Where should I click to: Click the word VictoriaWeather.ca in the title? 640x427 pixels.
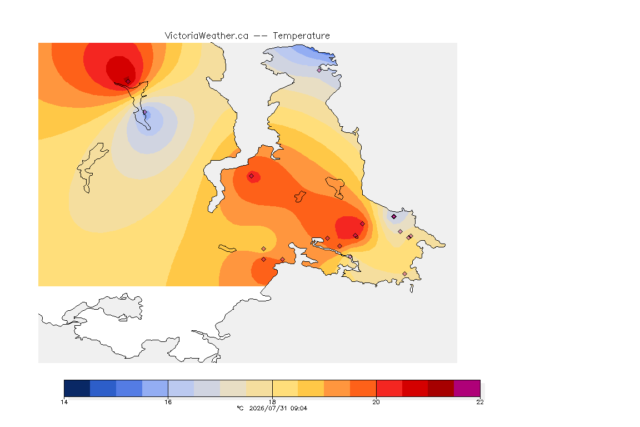(x=207, y=36)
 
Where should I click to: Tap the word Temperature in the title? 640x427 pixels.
(x=301, y=36)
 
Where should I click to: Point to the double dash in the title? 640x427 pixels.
(x=261, y=36)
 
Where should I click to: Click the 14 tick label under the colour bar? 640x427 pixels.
(x=64, y=402)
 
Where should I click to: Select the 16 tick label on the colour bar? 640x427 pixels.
(x=168, y=402)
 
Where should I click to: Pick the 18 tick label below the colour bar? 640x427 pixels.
(x=272, y=402)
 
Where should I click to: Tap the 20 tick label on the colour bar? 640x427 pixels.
(x=376, y=402)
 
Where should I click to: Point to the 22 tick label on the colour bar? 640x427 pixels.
(x=480, y=402)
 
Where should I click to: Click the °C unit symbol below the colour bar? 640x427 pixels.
(x=240, y=408)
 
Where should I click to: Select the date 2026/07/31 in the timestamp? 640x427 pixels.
(x=268, y=408)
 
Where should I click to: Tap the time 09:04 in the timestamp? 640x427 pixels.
(x=299, y=408)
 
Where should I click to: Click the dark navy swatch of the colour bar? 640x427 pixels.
(x=77, y=388)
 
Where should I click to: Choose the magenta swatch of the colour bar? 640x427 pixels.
(x=467, y=388)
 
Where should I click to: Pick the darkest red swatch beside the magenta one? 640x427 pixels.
(x=441, y=388)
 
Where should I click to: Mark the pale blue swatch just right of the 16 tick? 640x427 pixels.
(x=181, y=388)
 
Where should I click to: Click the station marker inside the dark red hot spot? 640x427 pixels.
(x=128, y=81)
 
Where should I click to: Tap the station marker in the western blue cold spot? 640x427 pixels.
(x=144, y=112)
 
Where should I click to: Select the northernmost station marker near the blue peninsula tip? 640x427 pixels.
(x=319, y=70)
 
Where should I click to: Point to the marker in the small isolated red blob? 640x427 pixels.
(x=252, y=176)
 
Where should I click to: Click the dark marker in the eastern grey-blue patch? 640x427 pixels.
(x=394, y=217)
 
